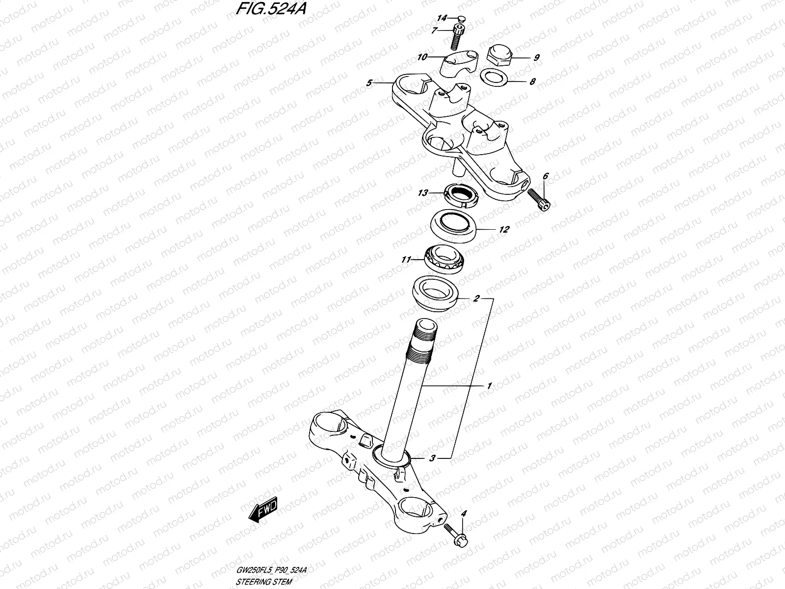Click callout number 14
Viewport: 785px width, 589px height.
pos(442,18)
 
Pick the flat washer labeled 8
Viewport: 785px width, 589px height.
pos(494,77)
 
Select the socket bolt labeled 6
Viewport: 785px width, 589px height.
pos(540,201)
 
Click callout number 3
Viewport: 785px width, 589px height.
pos(432,458)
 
